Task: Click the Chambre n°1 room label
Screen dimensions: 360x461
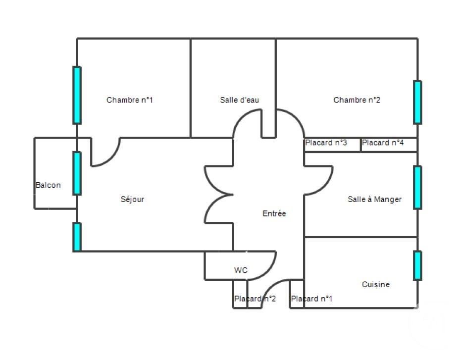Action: coord(130,100)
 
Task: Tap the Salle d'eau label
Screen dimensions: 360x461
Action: coord(240,100)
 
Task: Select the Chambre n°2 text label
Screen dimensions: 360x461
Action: coord(357,100)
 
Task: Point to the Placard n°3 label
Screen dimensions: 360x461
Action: coord(326,143)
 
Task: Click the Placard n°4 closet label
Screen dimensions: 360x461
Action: coord(383,143)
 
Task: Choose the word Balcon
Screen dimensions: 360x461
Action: coord(48,185)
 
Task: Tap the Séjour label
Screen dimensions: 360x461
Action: coord(132,200)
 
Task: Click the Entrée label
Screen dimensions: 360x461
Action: coord(274,213)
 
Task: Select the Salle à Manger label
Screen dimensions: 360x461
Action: coord(374,200)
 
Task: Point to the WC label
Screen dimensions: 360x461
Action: coord(241,270)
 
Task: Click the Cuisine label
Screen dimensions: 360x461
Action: coord(376,284)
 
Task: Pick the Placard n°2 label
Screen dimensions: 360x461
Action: coord(255,299)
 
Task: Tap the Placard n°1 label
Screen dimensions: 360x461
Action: coord(311,299)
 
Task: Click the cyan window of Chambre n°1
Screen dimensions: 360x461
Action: coord(77,95)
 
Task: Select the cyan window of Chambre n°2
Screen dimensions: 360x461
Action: coord(417,102)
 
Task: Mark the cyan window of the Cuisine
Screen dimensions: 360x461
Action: coord(417,265)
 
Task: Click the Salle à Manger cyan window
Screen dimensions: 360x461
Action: coord(417,187)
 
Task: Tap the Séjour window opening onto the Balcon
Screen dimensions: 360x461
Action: coord(77,173)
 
